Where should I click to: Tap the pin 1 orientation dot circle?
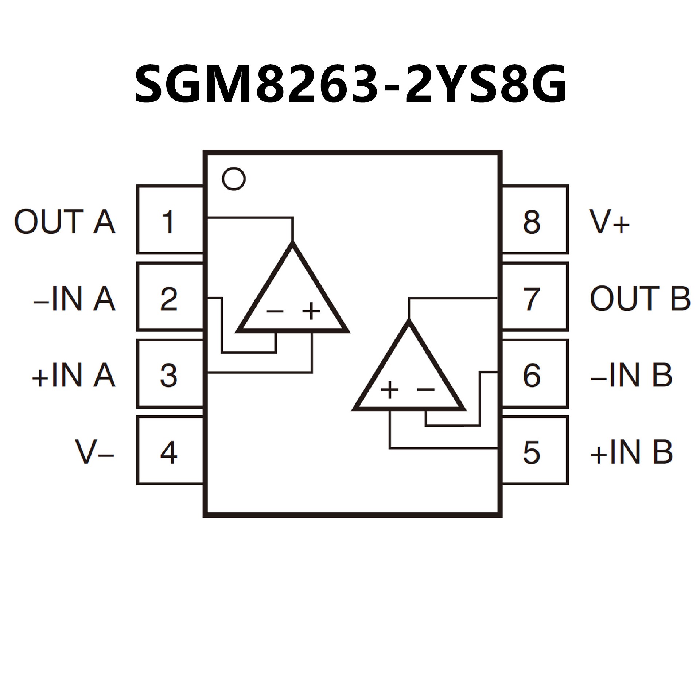234,179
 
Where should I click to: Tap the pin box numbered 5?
535,451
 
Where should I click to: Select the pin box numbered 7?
535,297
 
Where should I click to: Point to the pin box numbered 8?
535,220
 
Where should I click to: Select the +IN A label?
74,375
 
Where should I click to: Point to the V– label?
94,452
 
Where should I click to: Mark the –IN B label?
631,375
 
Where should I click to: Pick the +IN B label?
631,452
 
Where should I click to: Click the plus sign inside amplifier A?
311,311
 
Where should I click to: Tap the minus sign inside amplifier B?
426,390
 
